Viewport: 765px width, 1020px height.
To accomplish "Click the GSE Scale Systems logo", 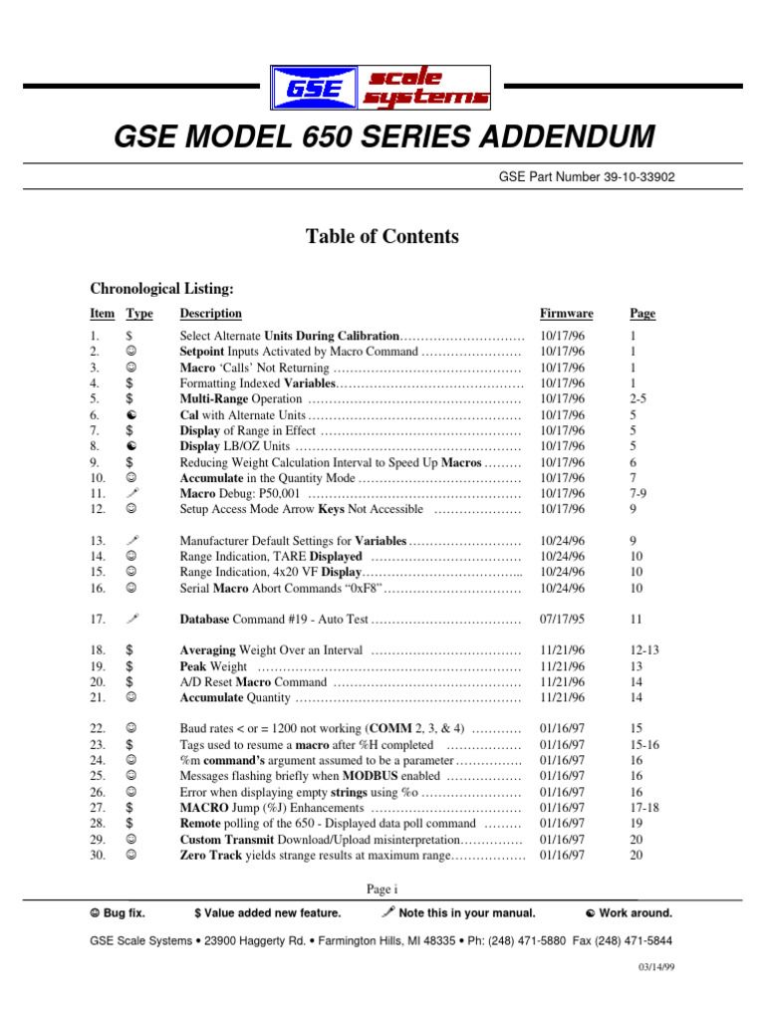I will point(382,86).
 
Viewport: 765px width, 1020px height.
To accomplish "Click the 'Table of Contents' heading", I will point(382,237).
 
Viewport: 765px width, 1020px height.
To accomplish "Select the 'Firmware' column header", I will point(566,314).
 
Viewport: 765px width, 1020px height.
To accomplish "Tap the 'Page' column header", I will point(642,314).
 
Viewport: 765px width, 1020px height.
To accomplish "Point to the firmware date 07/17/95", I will point(563,620).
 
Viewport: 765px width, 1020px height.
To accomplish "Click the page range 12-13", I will point(644,650).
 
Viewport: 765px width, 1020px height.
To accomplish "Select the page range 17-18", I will point(644,808).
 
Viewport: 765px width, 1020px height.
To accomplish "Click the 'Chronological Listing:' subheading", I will point(161,289).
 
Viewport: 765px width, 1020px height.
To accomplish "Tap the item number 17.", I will point(98,620).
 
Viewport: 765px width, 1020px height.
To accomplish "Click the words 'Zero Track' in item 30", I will point(210,855).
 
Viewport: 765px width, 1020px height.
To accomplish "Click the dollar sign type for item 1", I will point(129,337).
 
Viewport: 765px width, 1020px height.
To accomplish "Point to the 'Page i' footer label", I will point(382,889).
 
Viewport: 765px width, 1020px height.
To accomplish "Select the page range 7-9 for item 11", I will point(638,493).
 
